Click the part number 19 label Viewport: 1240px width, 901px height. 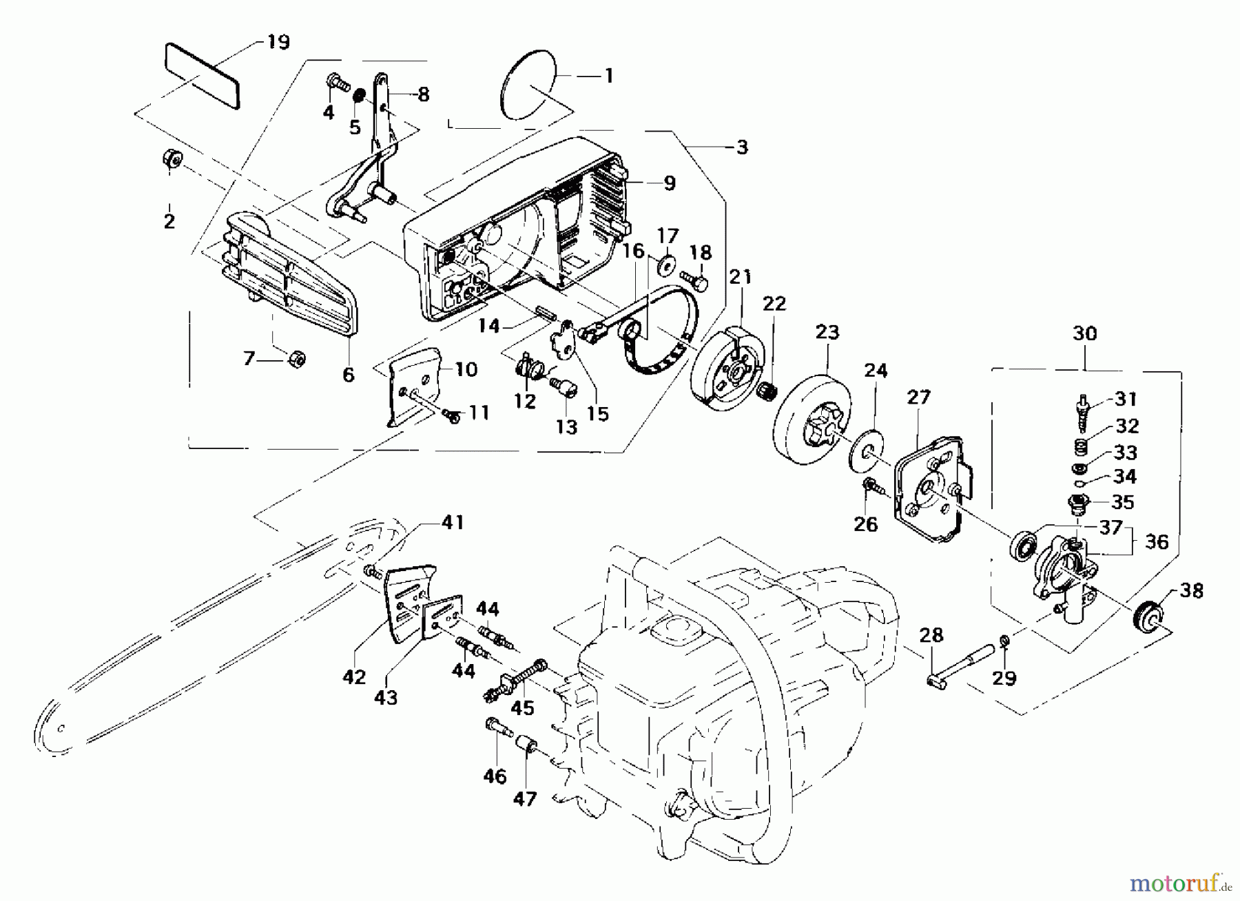tap(278, 42)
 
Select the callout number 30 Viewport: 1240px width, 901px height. tap(1084, 333)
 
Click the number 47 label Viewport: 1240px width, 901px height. tap(525, 800)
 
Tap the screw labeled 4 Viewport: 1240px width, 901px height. tap(335, 84)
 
